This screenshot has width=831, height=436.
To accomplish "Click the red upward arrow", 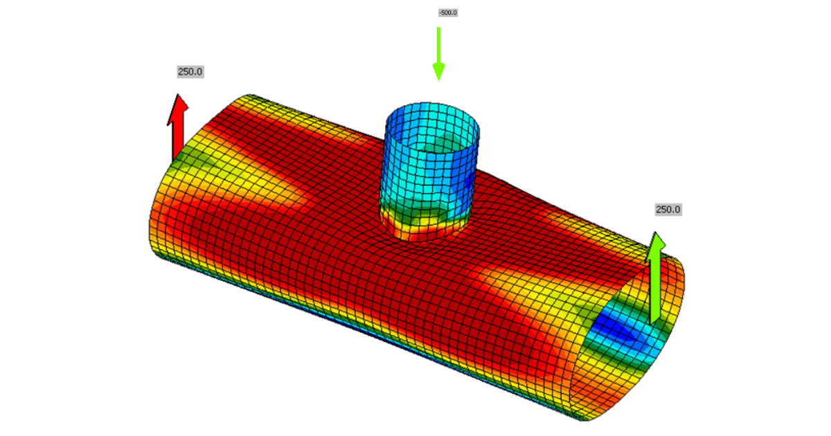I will pyautogui.click(x=178, y=128).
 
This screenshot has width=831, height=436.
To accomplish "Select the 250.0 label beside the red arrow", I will pyautogui.click(x=190, y=71).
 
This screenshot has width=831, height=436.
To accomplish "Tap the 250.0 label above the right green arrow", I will pyautogui.click(x=668, y=209).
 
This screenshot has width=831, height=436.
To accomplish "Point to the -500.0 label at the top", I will pyautogui.click(x=448, y=12).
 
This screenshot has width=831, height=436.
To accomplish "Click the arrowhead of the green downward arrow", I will pyautogui.click(x=438, y=71).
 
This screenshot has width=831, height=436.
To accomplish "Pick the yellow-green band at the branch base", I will pyautogui.click(x=422, y=218).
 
